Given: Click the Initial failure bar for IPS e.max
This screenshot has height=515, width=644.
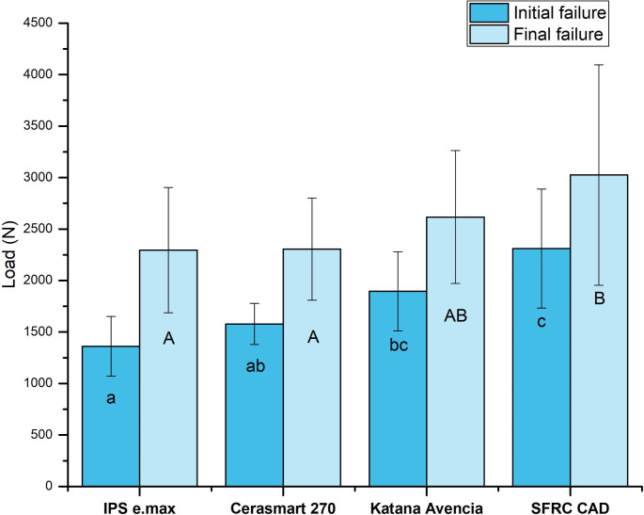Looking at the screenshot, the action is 111,416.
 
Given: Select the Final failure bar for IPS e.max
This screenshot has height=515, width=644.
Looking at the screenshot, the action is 168,368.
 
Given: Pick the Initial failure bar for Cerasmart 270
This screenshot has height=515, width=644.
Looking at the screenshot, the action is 254,405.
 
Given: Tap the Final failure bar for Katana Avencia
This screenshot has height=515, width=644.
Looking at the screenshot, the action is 455,352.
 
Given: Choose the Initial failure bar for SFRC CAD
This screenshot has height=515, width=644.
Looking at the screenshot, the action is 542,367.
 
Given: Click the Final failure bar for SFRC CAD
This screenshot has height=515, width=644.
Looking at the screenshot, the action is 599,330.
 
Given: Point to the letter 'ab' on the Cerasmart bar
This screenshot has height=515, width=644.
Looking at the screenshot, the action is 256,365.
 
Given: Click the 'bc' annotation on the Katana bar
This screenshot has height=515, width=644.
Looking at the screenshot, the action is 399,345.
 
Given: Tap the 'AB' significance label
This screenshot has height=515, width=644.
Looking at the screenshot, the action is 455,315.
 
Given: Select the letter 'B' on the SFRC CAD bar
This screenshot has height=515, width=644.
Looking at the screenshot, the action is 599,298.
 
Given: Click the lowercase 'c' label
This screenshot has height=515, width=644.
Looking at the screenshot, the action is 542,322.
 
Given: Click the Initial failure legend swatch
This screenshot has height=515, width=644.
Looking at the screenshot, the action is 489,13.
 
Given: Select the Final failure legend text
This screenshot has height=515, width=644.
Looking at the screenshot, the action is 558,34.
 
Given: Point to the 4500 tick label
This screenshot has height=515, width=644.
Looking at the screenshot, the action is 38,23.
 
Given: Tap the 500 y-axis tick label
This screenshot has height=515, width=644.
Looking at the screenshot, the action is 41,434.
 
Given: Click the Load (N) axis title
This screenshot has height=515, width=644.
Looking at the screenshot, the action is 8,254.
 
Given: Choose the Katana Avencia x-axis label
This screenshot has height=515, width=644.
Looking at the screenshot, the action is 426,508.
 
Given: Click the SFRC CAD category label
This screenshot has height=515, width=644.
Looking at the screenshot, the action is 570,508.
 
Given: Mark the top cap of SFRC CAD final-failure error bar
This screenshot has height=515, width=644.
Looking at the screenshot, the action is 599,65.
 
